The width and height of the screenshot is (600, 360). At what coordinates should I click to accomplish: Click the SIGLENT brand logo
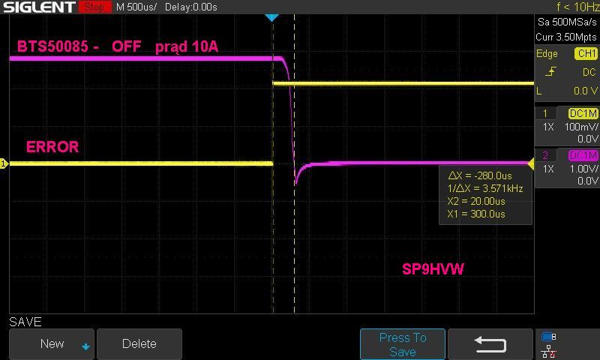click(x=39, y=7)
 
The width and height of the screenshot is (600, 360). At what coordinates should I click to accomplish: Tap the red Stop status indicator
click(x=95, y=7)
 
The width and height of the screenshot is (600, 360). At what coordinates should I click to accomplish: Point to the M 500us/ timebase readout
click(x=136, y=7)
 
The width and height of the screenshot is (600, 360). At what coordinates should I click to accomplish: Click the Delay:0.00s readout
click(x=191, y=7)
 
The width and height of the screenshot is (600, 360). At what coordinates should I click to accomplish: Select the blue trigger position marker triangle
click(x=271, y=17)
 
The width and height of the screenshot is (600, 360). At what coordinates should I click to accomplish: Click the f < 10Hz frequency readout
click(x=577, y=7)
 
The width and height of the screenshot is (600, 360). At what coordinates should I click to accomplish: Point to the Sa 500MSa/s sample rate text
click(x=567, y=22)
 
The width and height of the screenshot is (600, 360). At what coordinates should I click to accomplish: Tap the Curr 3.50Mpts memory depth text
click(x=566, y=37)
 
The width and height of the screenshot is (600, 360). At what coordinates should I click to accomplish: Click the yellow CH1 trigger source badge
click(x=586, y=53)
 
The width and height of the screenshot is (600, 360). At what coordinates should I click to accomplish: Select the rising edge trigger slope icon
click(x=551, y=71)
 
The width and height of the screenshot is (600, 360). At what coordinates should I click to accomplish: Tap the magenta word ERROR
click(x=52, y=147)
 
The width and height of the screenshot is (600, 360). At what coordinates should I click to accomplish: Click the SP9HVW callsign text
click(x=433, y=269)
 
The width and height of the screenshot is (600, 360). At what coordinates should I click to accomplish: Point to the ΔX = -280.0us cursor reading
click(x=480, y=175)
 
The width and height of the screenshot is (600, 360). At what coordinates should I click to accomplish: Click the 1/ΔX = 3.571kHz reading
click(x=485, y=188)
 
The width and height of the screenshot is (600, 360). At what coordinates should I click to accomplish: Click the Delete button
click(x=139, y=343)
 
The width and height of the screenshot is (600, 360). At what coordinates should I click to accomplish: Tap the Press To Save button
click(x=403, y=344)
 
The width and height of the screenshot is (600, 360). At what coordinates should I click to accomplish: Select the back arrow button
click(x=490, y=344)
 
